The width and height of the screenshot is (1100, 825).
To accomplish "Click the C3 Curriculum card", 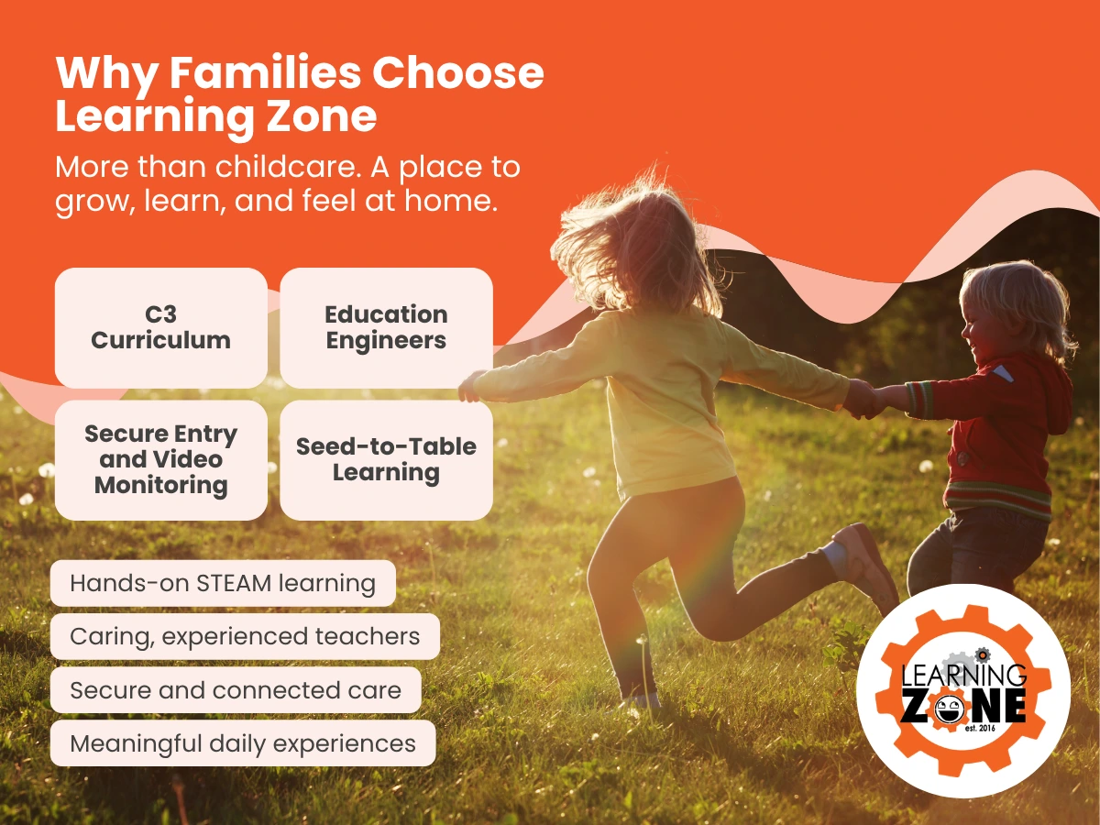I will (161, 327).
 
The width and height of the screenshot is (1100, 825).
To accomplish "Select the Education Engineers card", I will (386, 327).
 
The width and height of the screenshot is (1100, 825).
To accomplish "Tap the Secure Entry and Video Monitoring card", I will (161, 459).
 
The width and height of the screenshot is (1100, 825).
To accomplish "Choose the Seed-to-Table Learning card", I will (386, 459).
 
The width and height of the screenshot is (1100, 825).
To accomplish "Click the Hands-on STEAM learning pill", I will (223, 584).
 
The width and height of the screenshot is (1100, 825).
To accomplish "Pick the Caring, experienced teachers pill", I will (245, 636).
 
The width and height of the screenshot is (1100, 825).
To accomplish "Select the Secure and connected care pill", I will (236, 690).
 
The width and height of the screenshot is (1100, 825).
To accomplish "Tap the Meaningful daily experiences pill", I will (243, 743).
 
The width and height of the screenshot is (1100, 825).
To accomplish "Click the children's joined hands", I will (866, 399).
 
